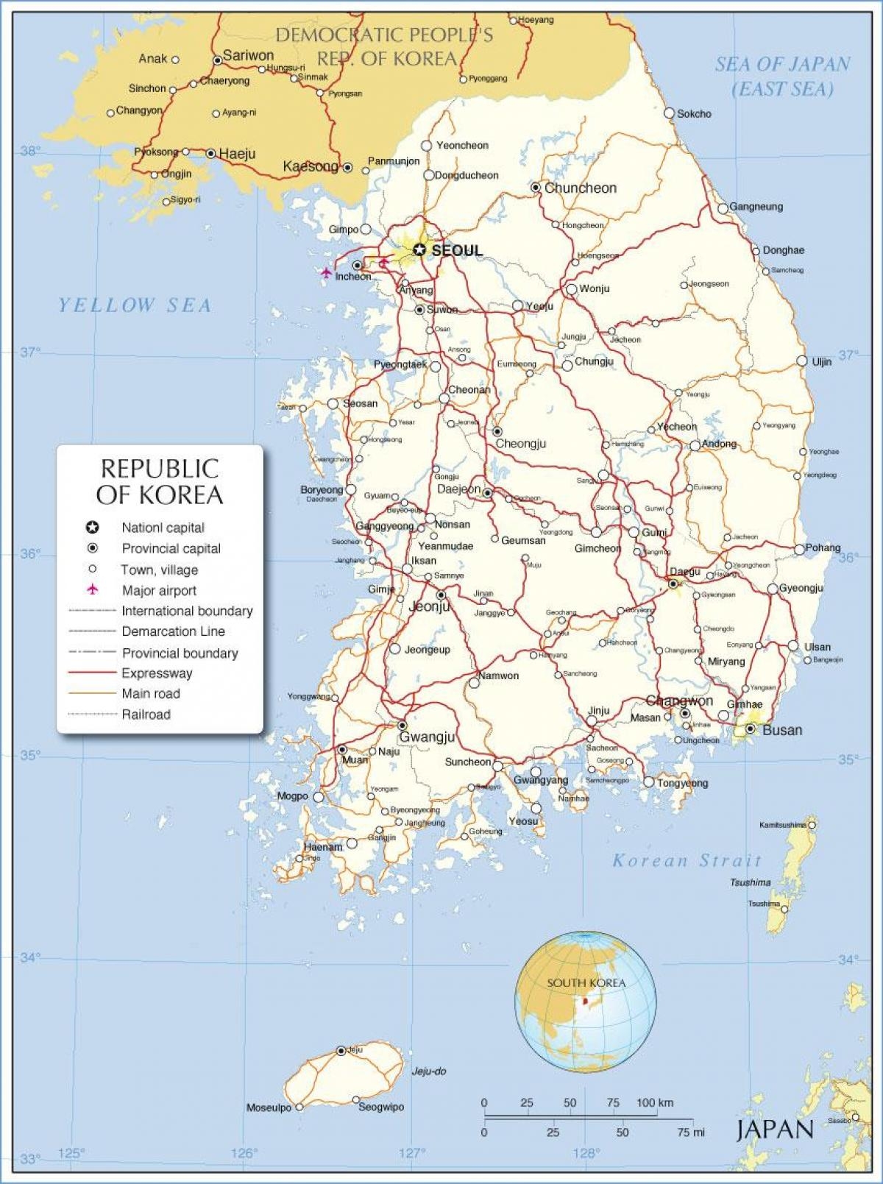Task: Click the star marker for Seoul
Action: point(419,250)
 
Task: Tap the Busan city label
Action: point(782,730)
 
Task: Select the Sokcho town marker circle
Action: point(670,113)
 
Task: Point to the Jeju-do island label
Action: point(429,1071)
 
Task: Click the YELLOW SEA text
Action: point(135,305)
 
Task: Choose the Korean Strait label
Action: point(687,860)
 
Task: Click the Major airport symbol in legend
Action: point(93,589)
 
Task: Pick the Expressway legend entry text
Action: point(157,673)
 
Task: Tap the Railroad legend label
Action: point(146,715)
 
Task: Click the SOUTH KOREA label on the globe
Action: point(586,982)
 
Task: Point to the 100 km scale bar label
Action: point(655,1102)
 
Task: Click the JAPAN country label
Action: point(775,1130)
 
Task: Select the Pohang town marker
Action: point(800,550)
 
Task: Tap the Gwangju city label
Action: point(427,737)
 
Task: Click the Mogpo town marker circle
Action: point(319,796)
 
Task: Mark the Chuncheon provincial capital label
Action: point(580,188)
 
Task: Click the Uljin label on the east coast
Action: point(822,362)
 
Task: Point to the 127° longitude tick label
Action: point(412,1152)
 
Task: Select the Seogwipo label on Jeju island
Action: point(381,1107)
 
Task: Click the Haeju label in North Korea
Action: point(237,154)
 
